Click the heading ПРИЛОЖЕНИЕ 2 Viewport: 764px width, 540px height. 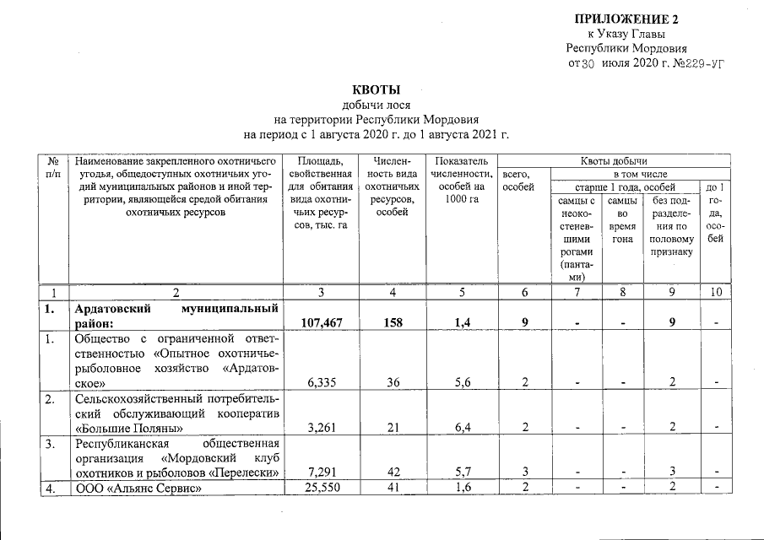[x=626, y=19]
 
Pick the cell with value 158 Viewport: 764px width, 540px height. [x=389, y=321]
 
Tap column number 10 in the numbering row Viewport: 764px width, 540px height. [x=715, y=291]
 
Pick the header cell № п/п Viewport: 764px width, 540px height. [x=54, y=166]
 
